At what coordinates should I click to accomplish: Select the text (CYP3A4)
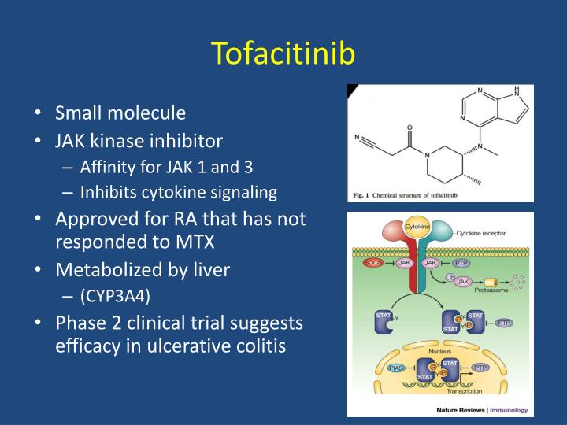[x=113, y=297]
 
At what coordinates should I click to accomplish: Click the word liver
[x=212, y=270]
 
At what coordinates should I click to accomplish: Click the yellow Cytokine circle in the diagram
[x=417, y=227]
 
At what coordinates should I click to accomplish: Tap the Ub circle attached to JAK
[x=450, y=277]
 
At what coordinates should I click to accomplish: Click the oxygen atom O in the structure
[x=409, y=126]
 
